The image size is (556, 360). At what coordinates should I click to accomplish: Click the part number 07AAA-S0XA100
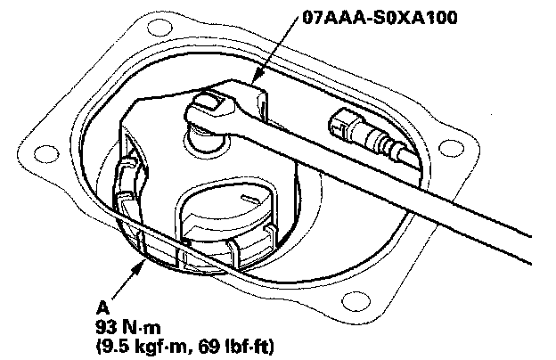(380, 17)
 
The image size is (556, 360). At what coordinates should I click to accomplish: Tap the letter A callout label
(102, 307)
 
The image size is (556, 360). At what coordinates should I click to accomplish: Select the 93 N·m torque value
(128, 327)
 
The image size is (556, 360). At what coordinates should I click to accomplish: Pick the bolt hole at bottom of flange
(356, 302)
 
